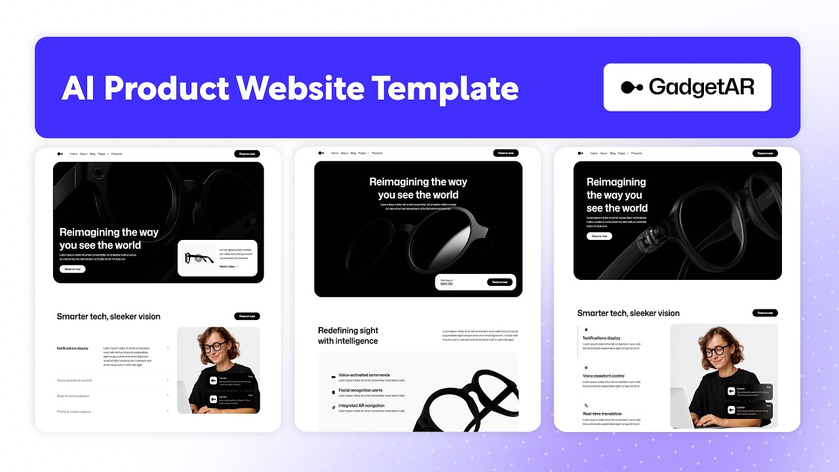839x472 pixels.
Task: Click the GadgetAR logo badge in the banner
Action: pyautogui.click(x=687, y=87)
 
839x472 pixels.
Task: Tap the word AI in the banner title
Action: pyautogui.click(x=79, y=88)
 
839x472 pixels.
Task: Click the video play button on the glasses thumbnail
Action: pyautogui.click(x=199, y=258)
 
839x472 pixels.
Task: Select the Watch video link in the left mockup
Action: pyautogui.click(x=228, y=267)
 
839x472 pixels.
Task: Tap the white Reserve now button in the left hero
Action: pyautogui.click(x=72, y=269)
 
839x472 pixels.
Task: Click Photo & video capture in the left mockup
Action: pyautogui.click(x=74, y=412)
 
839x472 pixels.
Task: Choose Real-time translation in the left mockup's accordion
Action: pyautogui.click(x=73, y=396)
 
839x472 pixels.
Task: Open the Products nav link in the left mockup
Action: pyautogui.click(x=117, y=153)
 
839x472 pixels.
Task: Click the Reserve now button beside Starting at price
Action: pyautogui.click(x=499, y=282)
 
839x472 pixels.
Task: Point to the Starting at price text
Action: pyautogui.click(x=446, y=282)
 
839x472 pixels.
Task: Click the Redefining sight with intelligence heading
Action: pyautogui.click(x=348, y=336)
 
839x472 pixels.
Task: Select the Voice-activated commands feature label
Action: pyautogui.click(x=364, y=376)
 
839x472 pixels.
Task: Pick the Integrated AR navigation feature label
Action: pyautogui.click(x=361, y=406)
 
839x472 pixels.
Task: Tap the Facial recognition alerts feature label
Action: pyautogui.click(x=361, y=391)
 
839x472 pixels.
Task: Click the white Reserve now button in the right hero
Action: pyautogui.click(x=599, y=236)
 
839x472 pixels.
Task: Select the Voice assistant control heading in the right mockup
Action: pyautogui.click(x=604, y=376)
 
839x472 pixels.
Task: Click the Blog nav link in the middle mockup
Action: pyautogui.click(x=353, y=153)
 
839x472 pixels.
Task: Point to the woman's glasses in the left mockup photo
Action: pyautogui.click(x=214, y=346)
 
